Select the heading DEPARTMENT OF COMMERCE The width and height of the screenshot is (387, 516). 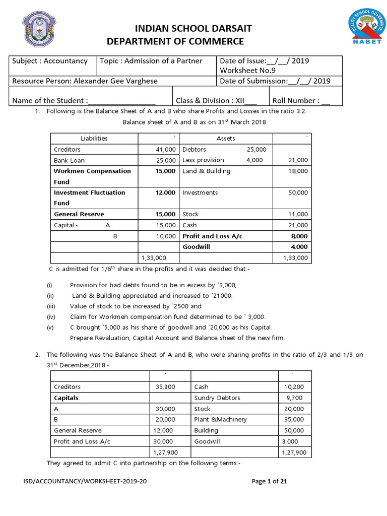(175, 41)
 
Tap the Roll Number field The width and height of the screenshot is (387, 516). (301, 100)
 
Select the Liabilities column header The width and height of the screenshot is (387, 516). (94, 138)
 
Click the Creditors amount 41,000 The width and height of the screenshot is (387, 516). (166, 150)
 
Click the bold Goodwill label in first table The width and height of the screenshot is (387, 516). (196, 247)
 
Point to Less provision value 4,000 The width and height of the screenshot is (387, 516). (254, 160)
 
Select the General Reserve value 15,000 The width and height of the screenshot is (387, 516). (166, 214)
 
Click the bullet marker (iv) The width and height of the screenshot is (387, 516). (50, 316)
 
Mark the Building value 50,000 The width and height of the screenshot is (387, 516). (294, 430)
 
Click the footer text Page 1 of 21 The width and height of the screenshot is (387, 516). (269, 481)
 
